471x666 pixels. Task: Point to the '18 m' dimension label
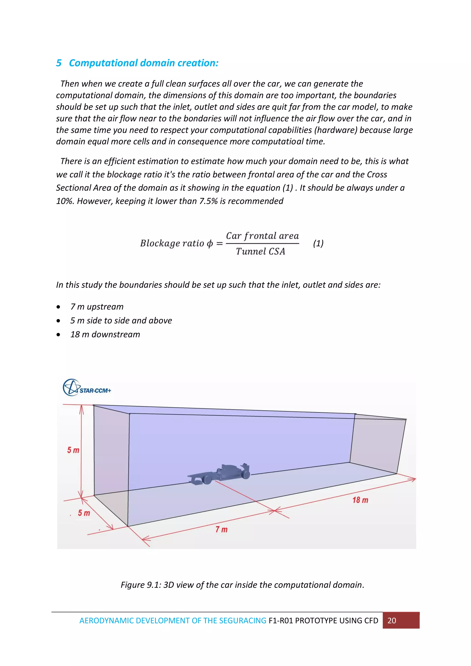[x=360, y=500]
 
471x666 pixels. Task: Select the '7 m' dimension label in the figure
[x=221, y=529]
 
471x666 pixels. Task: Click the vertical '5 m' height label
[x=73, y=450]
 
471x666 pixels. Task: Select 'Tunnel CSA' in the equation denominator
[x=260, y=252]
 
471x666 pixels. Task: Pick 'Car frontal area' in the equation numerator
[x=262, y=236]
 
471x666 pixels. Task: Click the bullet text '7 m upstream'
[x=97, y=307]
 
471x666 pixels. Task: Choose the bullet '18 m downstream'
[x=105, y=334]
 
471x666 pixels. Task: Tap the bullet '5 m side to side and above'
[x=121, y=320]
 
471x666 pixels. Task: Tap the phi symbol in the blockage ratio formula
[x=210, y=243]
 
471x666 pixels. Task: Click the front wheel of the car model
[x=207, y=480]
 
